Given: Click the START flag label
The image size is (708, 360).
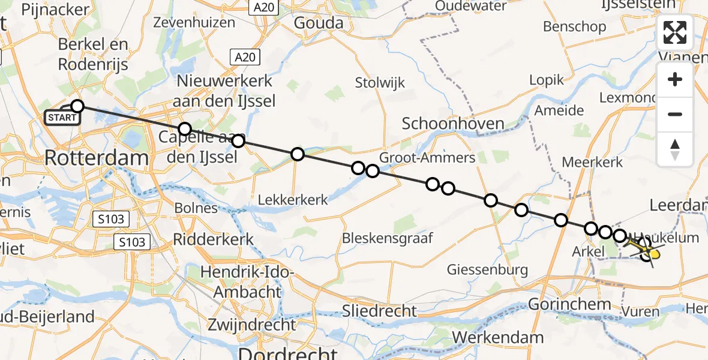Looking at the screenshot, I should (x=62, y=118).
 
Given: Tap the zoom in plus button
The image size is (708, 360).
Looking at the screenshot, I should (x=675, y=79).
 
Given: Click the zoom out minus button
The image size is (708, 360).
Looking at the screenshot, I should (x=675, y=114).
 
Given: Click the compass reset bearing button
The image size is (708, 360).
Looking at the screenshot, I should (x=675, y=149).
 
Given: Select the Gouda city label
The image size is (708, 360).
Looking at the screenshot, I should (x=319, y=23).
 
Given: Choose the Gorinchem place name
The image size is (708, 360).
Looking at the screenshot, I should (x=569, y=304).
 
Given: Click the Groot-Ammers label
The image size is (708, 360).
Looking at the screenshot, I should (x=427, y=157).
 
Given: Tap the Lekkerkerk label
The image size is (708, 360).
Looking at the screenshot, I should (x=293, y=200).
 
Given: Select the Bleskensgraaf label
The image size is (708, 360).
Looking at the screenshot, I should (x=387, y=238).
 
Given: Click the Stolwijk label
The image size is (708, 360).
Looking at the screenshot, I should (x=380, y=82).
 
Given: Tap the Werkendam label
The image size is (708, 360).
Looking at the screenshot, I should (x=499, y=337).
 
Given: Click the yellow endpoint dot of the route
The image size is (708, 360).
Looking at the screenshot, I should (x=655, y=254).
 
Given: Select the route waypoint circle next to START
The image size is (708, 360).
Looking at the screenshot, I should (x=77, y=107).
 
